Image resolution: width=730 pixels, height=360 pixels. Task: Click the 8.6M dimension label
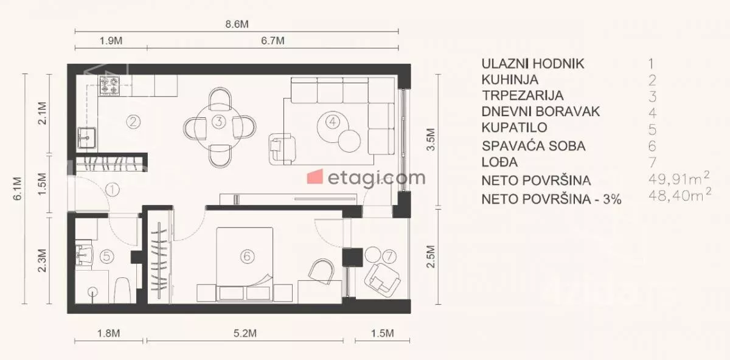tap(237, 24)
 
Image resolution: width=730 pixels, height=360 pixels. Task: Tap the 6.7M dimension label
tap(273, 41)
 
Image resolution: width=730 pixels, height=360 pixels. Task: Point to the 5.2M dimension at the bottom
tap(245, 333)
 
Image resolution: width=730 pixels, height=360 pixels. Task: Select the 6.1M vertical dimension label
tap(17, 189)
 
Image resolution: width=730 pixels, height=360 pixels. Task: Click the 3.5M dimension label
tap(431, 139)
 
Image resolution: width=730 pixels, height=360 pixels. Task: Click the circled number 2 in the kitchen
tap(133, 122)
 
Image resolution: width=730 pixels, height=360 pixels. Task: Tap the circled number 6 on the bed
tap(247, 256)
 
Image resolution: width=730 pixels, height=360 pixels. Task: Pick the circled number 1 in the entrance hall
tap(113, 190)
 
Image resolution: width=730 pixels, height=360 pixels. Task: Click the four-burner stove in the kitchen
tap(109, 86)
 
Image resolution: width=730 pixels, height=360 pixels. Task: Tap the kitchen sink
tap(86, 137)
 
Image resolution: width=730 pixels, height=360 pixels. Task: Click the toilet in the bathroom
tap(122, 289)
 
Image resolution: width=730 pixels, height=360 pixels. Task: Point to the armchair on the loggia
tap(382, 280)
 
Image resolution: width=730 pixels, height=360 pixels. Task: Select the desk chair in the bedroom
tap(321, 271)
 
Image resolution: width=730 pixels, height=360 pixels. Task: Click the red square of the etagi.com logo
tap(315, 176)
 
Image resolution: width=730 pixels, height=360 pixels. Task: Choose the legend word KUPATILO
tap(514, 128)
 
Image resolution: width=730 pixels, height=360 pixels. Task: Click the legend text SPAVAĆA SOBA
tap(534, 146)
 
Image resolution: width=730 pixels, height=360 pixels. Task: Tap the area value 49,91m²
tap(679, 178)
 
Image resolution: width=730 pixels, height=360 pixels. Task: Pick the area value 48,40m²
tap(680, 195)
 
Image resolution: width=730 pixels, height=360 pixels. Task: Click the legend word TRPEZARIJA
tap(523, 95)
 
